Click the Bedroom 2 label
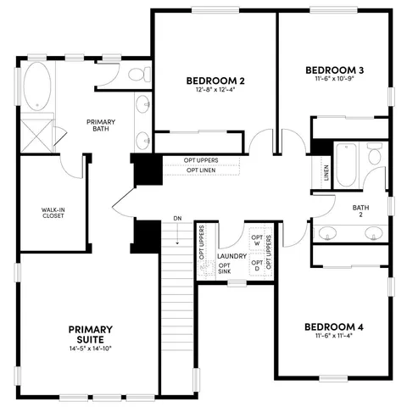(x=215, y=81)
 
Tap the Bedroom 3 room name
(x=334, y=70)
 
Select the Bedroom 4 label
(x=334, y=326)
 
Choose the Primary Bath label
(x=101, y=126)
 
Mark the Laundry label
(x=231, y=256)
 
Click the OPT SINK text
(x=224, y=267)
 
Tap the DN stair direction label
(x=177, y=219)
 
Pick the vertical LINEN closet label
(x=326, y=173)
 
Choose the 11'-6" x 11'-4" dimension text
(x=334, y=337)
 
